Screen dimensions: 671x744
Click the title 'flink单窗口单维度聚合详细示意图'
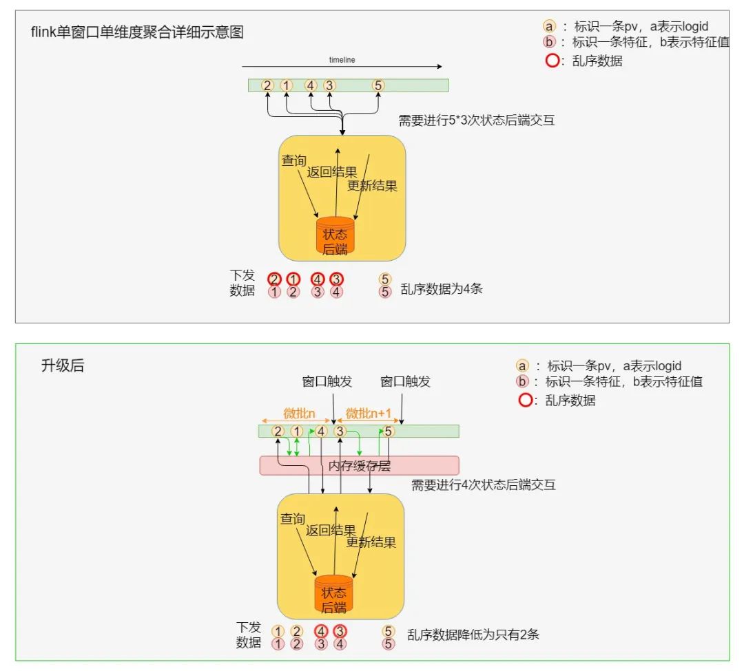coord(138,32)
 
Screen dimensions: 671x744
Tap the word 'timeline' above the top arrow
coord(342,60)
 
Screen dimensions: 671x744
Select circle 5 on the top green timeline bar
coord(378,85)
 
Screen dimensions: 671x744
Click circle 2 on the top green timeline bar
coord(267,85)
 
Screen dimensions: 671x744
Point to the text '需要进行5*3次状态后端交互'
coord(477,121)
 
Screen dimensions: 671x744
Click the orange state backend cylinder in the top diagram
coord(335,235)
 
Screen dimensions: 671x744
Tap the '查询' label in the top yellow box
coord(293,160)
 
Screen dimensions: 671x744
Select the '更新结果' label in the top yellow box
coord(372,186)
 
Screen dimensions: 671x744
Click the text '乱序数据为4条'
coord(442,289)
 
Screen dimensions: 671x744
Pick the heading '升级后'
coord(63,366)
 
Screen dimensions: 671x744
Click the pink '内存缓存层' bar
coord(359,466)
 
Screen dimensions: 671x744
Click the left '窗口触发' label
coord(327,382)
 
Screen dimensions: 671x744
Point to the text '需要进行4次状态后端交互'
coord(484,485)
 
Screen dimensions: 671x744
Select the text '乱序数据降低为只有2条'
coord(473,635)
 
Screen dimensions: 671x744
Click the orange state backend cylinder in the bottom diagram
coord(333,593)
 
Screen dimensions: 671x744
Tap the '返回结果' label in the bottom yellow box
coord(331,531)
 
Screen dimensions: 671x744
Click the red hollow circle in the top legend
coord(552,61)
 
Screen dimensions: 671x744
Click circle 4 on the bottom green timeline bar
coord(320,432)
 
